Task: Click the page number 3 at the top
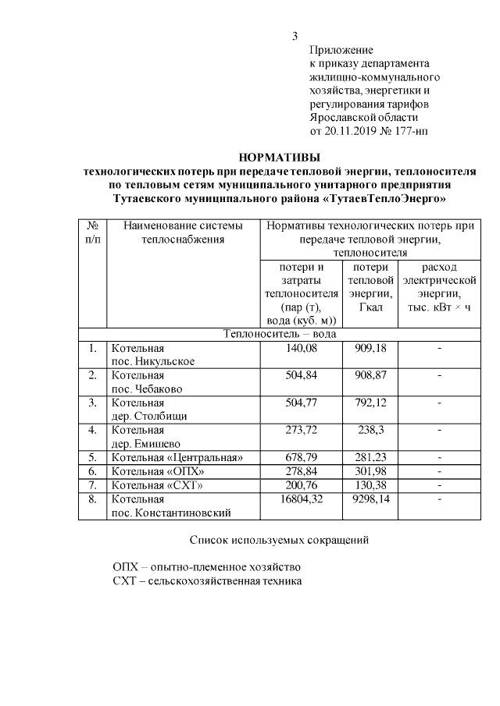[295, 35]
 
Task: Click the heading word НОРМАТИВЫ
[280, 157]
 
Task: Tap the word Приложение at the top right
[341, 50]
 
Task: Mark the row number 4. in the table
[92, 429]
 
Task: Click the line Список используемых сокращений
[278, 540]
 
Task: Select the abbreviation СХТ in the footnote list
[124, 581]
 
